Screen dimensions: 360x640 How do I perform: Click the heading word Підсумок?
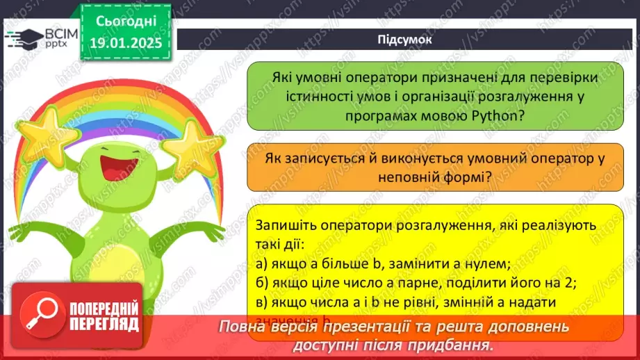click(x=404, y=39)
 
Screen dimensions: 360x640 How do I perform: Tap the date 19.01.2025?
click(x=126, y=43)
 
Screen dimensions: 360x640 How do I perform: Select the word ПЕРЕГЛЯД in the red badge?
click(x=103, y=325)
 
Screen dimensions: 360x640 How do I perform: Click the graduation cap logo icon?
click(x=22, y=38)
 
